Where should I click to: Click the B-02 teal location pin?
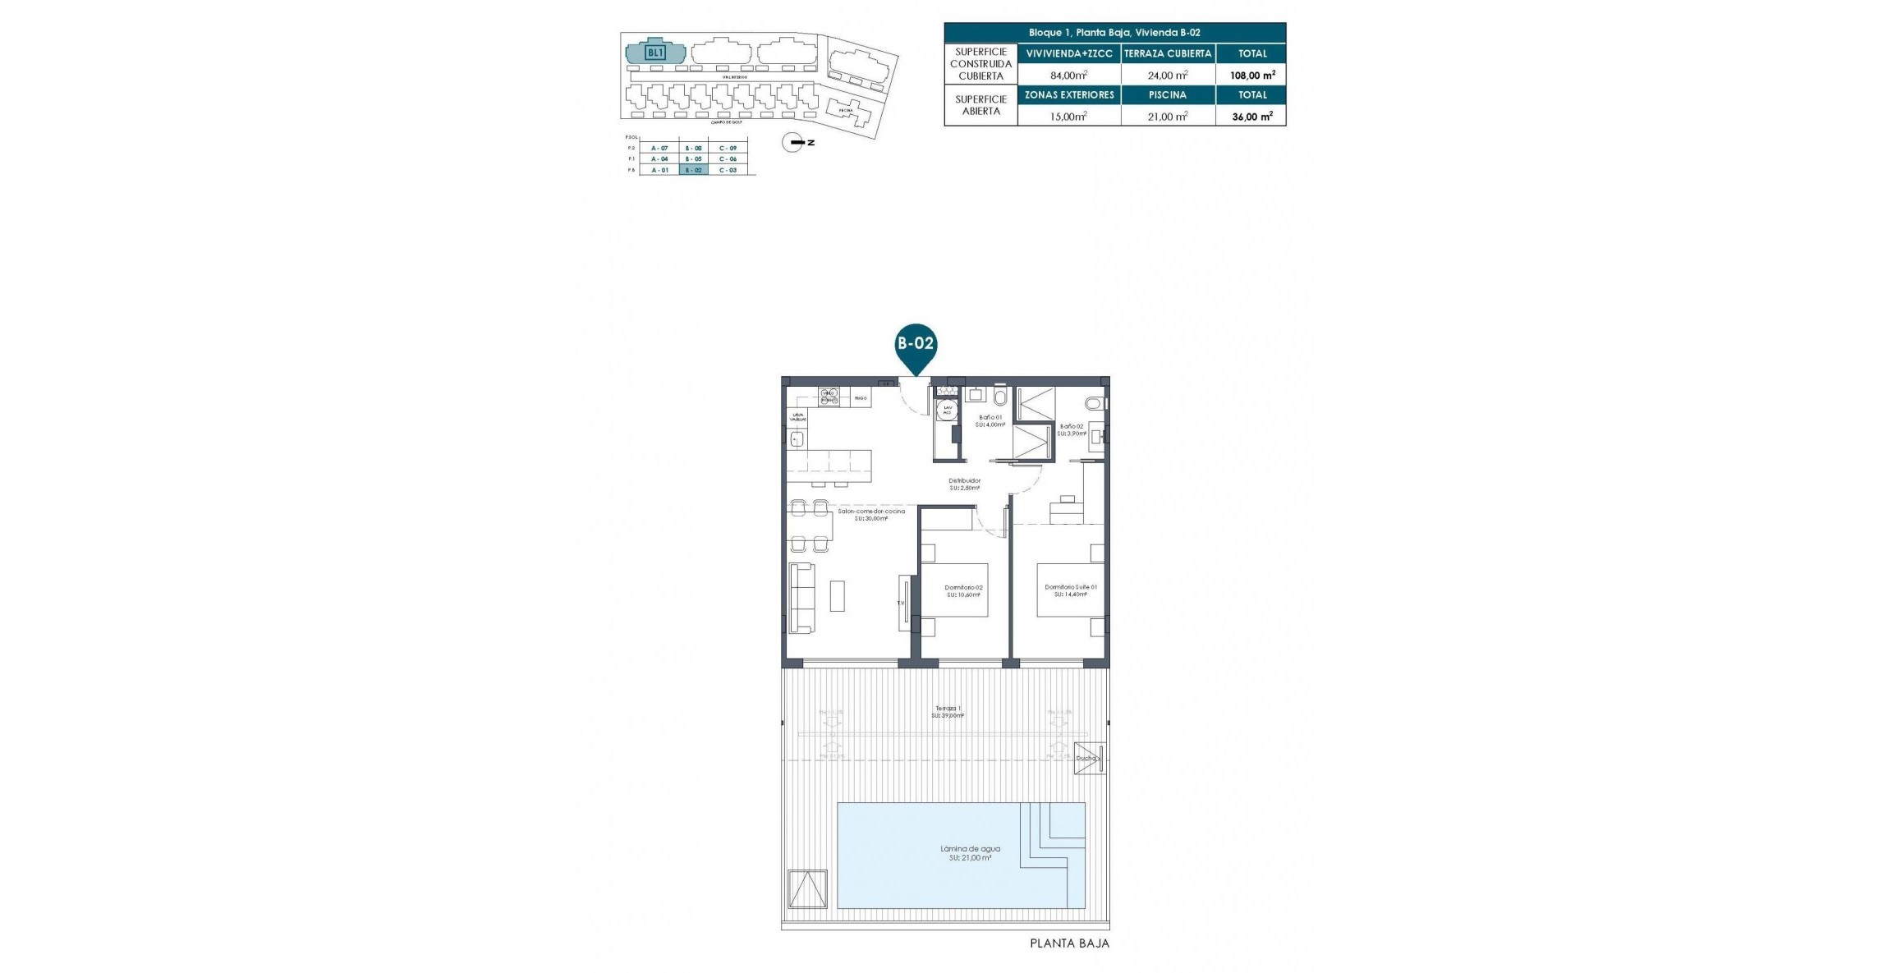[x=915, y=344]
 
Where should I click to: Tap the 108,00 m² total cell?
[x=1251, y=75]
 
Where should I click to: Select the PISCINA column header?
[x=1167, y=95]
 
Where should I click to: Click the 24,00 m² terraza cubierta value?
[x=1167, y=75]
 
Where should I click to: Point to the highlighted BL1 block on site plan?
[x=654, y=53]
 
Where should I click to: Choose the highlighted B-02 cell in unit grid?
[x=693, y=170]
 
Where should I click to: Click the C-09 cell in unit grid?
[x=728, y=148]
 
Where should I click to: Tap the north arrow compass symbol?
[x=793, y=143]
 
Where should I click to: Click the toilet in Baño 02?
[x=1095, y=403]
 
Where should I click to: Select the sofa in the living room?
[x=801, y=598]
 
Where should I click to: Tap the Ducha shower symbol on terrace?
[x=1089, y=758]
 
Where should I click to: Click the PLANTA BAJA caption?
[x=1069, y=943]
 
